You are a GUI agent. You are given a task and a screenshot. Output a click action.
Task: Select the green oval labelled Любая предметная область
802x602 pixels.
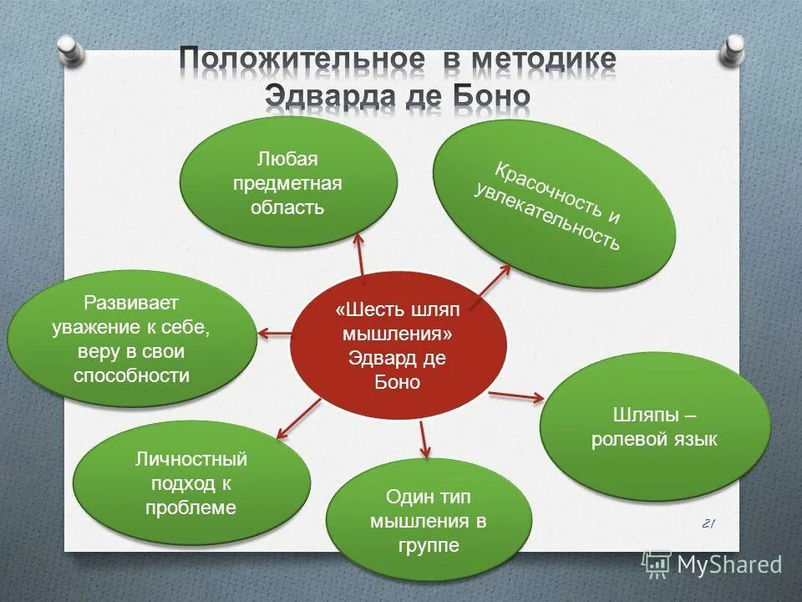(287, 182)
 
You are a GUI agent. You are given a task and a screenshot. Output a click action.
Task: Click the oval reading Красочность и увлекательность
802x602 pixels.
(553, 207)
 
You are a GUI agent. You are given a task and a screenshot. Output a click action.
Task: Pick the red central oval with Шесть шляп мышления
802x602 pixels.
(398, 345)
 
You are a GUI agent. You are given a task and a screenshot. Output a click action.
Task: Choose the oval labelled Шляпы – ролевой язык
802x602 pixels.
(654, 427)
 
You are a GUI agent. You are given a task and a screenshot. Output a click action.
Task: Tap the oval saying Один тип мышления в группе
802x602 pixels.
(429, 520)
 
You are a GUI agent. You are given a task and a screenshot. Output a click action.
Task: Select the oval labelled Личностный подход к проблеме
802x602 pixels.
(191, 483)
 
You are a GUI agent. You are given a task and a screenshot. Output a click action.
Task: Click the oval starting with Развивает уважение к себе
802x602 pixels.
(132, 339)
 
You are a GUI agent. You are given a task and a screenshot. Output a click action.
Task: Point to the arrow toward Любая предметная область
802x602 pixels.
(361, 255)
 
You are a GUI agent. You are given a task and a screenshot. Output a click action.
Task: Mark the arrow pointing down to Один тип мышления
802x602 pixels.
(424, 439)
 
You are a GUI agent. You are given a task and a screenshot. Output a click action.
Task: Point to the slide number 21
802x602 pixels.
(708, 523)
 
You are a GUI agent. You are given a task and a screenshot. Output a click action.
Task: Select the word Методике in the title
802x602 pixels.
(544, 60)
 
